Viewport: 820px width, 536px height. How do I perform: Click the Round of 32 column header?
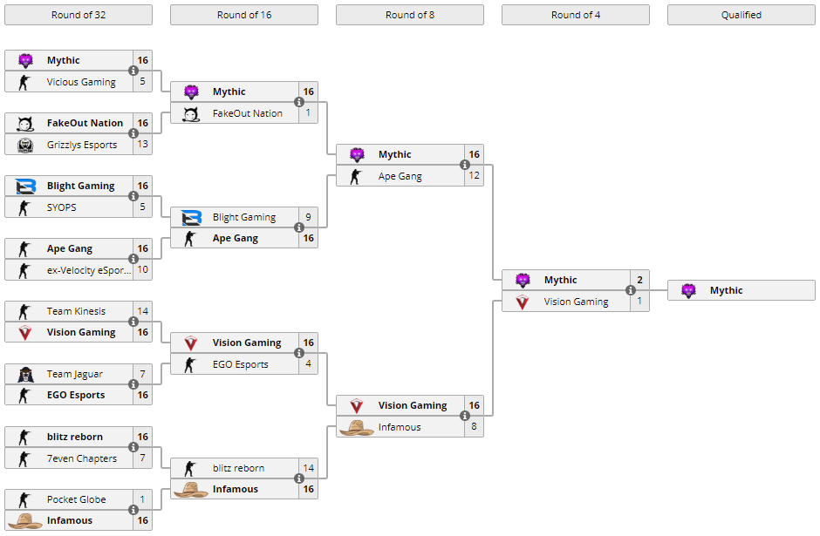[x=79, y=15]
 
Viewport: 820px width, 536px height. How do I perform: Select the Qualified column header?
[x=741, y=15]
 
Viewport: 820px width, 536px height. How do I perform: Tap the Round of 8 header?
[x=410, y=15]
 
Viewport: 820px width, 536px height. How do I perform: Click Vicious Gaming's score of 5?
[x=143, y=82]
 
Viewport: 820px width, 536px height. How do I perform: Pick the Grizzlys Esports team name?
[x=82, y=145]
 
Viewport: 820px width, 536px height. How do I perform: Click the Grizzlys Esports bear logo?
[x=25, y=145]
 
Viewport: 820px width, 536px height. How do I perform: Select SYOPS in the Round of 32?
[x=62, y=207]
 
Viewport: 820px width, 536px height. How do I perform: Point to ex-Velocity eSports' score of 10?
[x=143, y=269]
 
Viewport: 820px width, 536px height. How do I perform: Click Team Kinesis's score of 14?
[x=143, y=311]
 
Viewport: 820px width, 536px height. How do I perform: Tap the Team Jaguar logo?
[x=25, y=374]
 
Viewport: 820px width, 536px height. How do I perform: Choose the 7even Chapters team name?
[x=82, y=458]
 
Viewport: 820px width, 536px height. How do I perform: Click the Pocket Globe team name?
[x=77, y=499]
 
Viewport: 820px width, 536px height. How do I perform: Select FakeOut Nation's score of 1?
[x=308, y=112]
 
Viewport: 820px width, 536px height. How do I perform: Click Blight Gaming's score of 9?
[x=308, y=217]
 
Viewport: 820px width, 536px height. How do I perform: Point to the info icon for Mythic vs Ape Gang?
[x=465, y=165]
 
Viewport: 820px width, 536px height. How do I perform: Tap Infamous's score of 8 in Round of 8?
[x=474, y=426]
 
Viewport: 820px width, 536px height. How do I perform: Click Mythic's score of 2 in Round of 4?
[x=639, y=280]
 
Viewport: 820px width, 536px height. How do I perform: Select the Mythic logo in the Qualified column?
[x=689, y=290]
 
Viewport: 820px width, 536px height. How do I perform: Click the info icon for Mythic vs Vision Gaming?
[x=631, y=290]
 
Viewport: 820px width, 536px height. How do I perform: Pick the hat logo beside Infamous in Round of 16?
[x=191, y=490]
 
